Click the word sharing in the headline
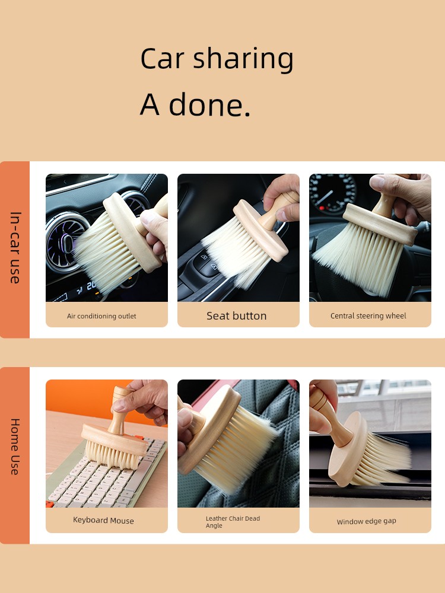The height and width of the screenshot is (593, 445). click(x=243, y=59)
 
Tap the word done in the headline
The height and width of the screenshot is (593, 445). click(x=209, y=104)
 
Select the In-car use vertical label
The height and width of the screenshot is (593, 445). click(x=15, y=248)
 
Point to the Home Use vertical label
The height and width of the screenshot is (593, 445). click(x=15, y=447)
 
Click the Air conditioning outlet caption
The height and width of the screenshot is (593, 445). click(x=101, y=316)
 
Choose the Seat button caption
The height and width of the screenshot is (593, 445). click(x=237, y=316)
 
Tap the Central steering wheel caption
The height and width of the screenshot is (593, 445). click(x=368, y=316)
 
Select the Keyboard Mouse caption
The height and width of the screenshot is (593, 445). click(x=103, y=521)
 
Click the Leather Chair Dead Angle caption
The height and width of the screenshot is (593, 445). click(x=233, y=522)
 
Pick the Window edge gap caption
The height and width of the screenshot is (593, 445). click(x=366, y=521)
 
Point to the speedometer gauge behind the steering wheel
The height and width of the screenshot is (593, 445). click(x=333, y=193)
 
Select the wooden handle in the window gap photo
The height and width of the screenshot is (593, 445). click(x=329, y=416)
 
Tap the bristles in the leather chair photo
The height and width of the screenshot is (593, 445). click(x=239, y=450)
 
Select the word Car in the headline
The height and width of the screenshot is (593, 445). click(x=163, y=59)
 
